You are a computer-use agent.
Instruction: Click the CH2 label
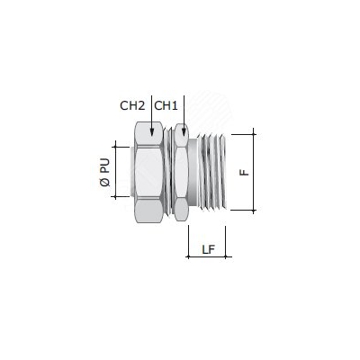click(132, 105)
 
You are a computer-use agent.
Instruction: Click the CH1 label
click(166, 105)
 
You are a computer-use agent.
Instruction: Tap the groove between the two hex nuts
click(170, 173)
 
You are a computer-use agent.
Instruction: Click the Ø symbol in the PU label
click(105, 185)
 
